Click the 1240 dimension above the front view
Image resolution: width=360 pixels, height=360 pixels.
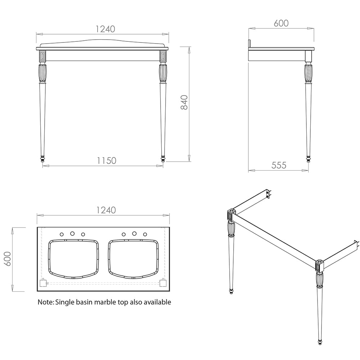pos(105,29)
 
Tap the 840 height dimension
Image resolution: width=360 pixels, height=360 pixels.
pos(184,102)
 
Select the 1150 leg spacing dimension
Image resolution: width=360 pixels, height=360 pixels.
pos(107,161)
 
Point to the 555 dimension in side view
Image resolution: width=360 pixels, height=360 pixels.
pos(279,165)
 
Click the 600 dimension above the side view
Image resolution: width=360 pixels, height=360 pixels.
pos(281,23)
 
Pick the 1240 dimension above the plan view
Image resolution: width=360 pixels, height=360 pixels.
pos(106,210)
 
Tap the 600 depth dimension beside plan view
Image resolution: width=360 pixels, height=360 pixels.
pos(8,259)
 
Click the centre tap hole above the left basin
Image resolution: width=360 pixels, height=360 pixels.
pos(72,234)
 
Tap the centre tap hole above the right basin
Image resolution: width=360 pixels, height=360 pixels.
pos(134,234)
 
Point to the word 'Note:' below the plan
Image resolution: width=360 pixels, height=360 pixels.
pos(46,302)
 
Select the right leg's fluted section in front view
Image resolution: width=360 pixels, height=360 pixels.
pos(163,74)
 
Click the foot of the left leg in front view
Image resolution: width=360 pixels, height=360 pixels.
pos(42,159)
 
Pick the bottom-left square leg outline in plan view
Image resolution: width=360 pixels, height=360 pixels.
pos(43,283)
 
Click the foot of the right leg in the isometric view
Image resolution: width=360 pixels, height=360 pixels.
pos(320,342)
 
